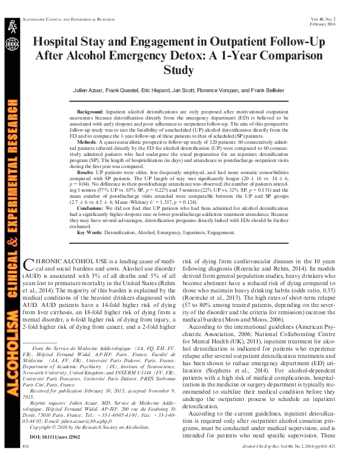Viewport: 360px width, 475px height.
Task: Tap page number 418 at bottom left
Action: click(25, 463)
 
